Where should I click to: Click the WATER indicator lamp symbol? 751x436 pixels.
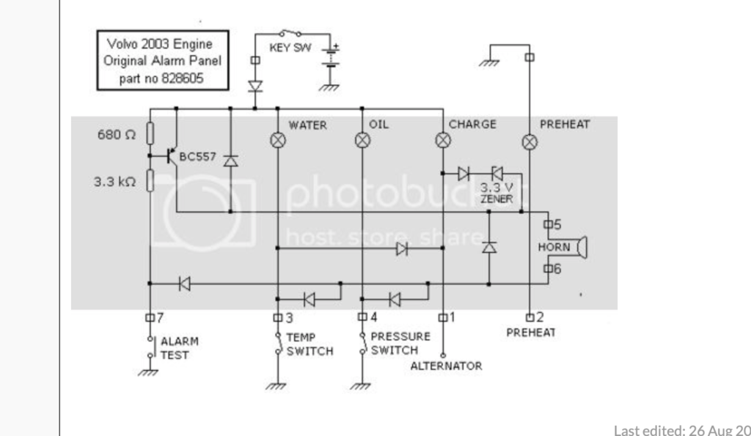278,140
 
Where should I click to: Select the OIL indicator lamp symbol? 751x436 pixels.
362,140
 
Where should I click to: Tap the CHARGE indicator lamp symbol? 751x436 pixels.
443,140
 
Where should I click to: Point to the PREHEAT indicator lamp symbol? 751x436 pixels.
530,141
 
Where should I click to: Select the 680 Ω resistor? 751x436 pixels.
150,133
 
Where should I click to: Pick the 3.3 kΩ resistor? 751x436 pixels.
150,180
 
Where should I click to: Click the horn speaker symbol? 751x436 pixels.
582,247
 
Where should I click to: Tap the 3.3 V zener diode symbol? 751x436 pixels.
497,173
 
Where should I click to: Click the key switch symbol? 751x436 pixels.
290,34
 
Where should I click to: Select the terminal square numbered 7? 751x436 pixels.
150,317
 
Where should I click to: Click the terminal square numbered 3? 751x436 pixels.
278,317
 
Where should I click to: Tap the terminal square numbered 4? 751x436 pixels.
362,317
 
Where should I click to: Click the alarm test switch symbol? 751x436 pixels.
150,347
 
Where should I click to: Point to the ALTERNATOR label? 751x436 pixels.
447,366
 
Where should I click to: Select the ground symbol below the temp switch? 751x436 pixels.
276,385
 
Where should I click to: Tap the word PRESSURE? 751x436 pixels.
400,336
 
